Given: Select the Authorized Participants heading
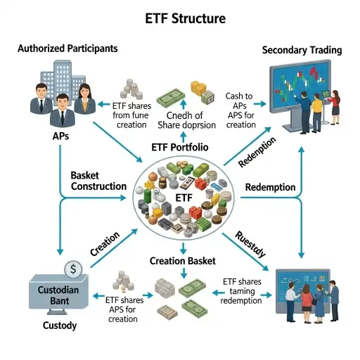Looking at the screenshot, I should (x=67, y=49).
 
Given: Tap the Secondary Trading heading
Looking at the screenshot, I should (x=302, y=50).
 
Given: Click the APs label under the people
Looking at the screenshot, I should (x=60, y=136).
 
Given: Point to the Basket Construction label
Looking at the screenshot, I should (x=98, y=180).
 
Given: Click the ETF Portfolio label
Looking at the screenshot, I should (x=184, y=148).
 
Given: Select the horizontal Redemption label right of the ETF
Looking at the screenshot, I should (x=270, y=188).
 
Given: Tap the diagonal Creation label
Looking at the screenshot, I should (x=105, y=243).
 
